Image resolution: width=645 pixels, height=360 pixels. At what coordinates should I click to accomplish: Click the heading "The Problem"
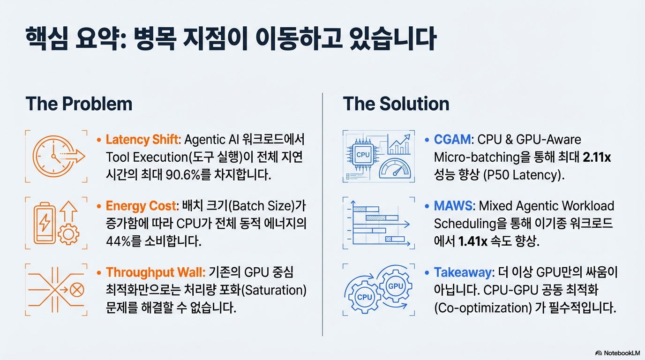tap(79, 104)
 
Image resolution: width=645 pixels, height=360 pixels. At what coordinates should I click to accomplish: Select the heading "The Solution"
tap(396, 104)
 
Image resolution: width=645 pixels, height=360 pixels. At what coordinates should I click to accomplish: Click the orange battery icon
tap(45, 223)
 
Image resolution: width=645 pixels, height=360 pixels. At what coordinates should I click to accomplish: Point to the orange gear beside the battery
tap(68, 234)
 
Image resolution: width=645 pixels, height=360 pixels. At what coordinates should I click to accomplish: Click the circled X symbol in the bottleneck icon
tap(77, 289)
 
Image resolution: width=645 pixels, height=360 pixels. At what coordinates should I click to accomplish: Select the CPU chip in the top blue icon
tap(362, 155)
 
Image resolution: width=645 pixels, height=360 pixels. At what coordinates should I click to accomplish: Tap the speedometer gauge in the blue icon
tap(395, 169)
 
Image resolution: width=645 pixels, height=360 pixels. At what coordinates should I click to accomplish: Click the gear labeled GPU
tap(396, 286)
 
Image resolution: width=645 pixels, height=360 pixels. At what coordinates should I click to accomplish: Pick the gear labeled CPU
tap(364, 297)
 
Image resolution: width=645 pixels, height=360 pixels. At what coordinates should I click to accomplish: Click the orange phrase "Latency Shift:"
tap(143, 140)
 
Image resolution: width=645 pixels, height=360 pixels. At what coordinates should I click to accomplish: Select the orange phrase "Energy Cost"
tap(141, 206)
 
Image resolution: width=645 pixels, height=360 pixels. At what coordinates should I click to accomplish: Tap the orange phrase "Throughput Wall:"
tap(156, 272)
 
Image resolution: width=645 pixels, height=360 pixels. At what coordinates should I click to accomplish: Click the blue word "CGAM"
tap(452, 140)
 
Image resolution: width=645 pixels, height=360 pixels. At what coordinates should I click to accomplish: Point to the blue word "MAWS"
tap(453, 206)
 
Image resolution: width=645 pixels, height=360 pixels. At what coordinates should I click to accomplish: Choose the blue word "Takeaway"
tap(463, 272)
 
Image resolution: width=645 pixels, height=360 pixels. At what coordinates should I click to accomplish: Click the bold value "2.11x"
tap(597, 157)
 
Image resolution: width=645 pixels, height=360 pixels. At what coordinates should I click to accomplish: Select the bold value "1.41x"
tap(472, 241)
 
